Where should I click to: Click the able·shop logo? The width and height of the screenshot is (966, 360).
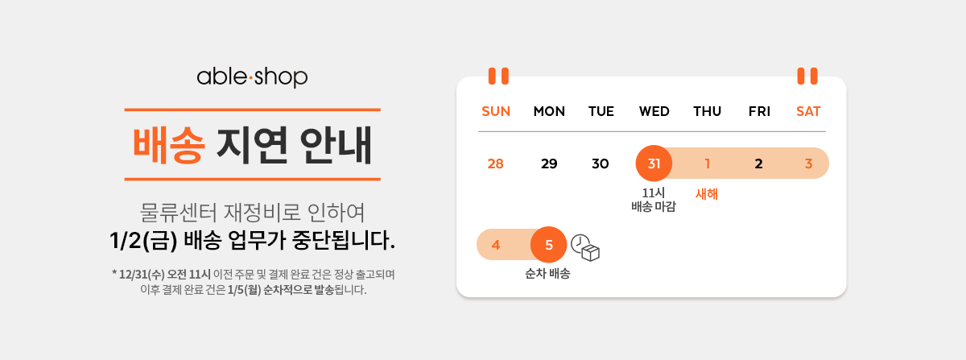point(252,77)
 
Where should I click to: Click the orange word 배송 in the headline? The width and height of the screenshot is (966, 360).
point(168,146)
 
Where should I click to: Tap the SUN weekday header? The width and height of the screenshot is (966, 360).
point(496,111)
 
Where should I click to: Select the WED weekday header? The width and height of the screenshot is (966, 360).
point(654,111)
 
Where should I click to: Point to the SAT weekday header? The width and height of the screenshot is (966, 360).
point(808,111)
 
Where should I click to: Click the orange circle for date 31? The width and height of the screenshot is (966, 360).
point(654,163)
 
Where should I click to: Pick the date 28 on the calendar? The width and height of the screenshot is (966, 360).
point(496,163)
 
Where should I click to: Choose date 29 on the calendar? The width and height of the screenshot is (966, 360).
point(549,163)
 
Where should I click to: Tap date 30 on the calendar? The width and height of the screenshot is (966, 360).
point(601,163)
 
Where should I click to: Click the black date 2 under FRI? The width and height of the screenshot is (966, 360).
point(758,163)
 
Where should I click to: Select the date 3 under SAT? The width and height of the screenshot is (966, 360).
point(808,163)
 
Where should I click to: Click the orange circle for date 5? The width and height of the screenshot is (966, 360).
point(548,245)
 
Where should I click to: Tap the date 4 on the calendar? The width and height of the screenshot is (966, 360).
point(496,245)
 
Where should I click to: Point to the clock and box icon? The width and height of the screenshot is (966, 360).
point(585,248)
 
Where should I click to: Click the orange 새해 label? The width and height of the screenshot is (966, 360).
point(707,194)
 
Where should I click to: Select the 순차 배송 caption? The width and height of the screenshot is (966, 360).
point(547,273)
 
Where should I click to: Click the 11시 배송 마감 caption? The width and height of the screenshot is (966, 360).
point(654,200)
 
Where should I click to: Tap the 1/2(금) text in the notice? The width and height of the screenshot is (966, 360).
point(143,241)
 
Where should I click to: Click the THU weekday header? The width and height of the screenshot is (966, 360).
point(707,111)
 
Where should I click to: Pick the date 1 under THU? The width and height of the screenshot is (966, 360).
point(708,163)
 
